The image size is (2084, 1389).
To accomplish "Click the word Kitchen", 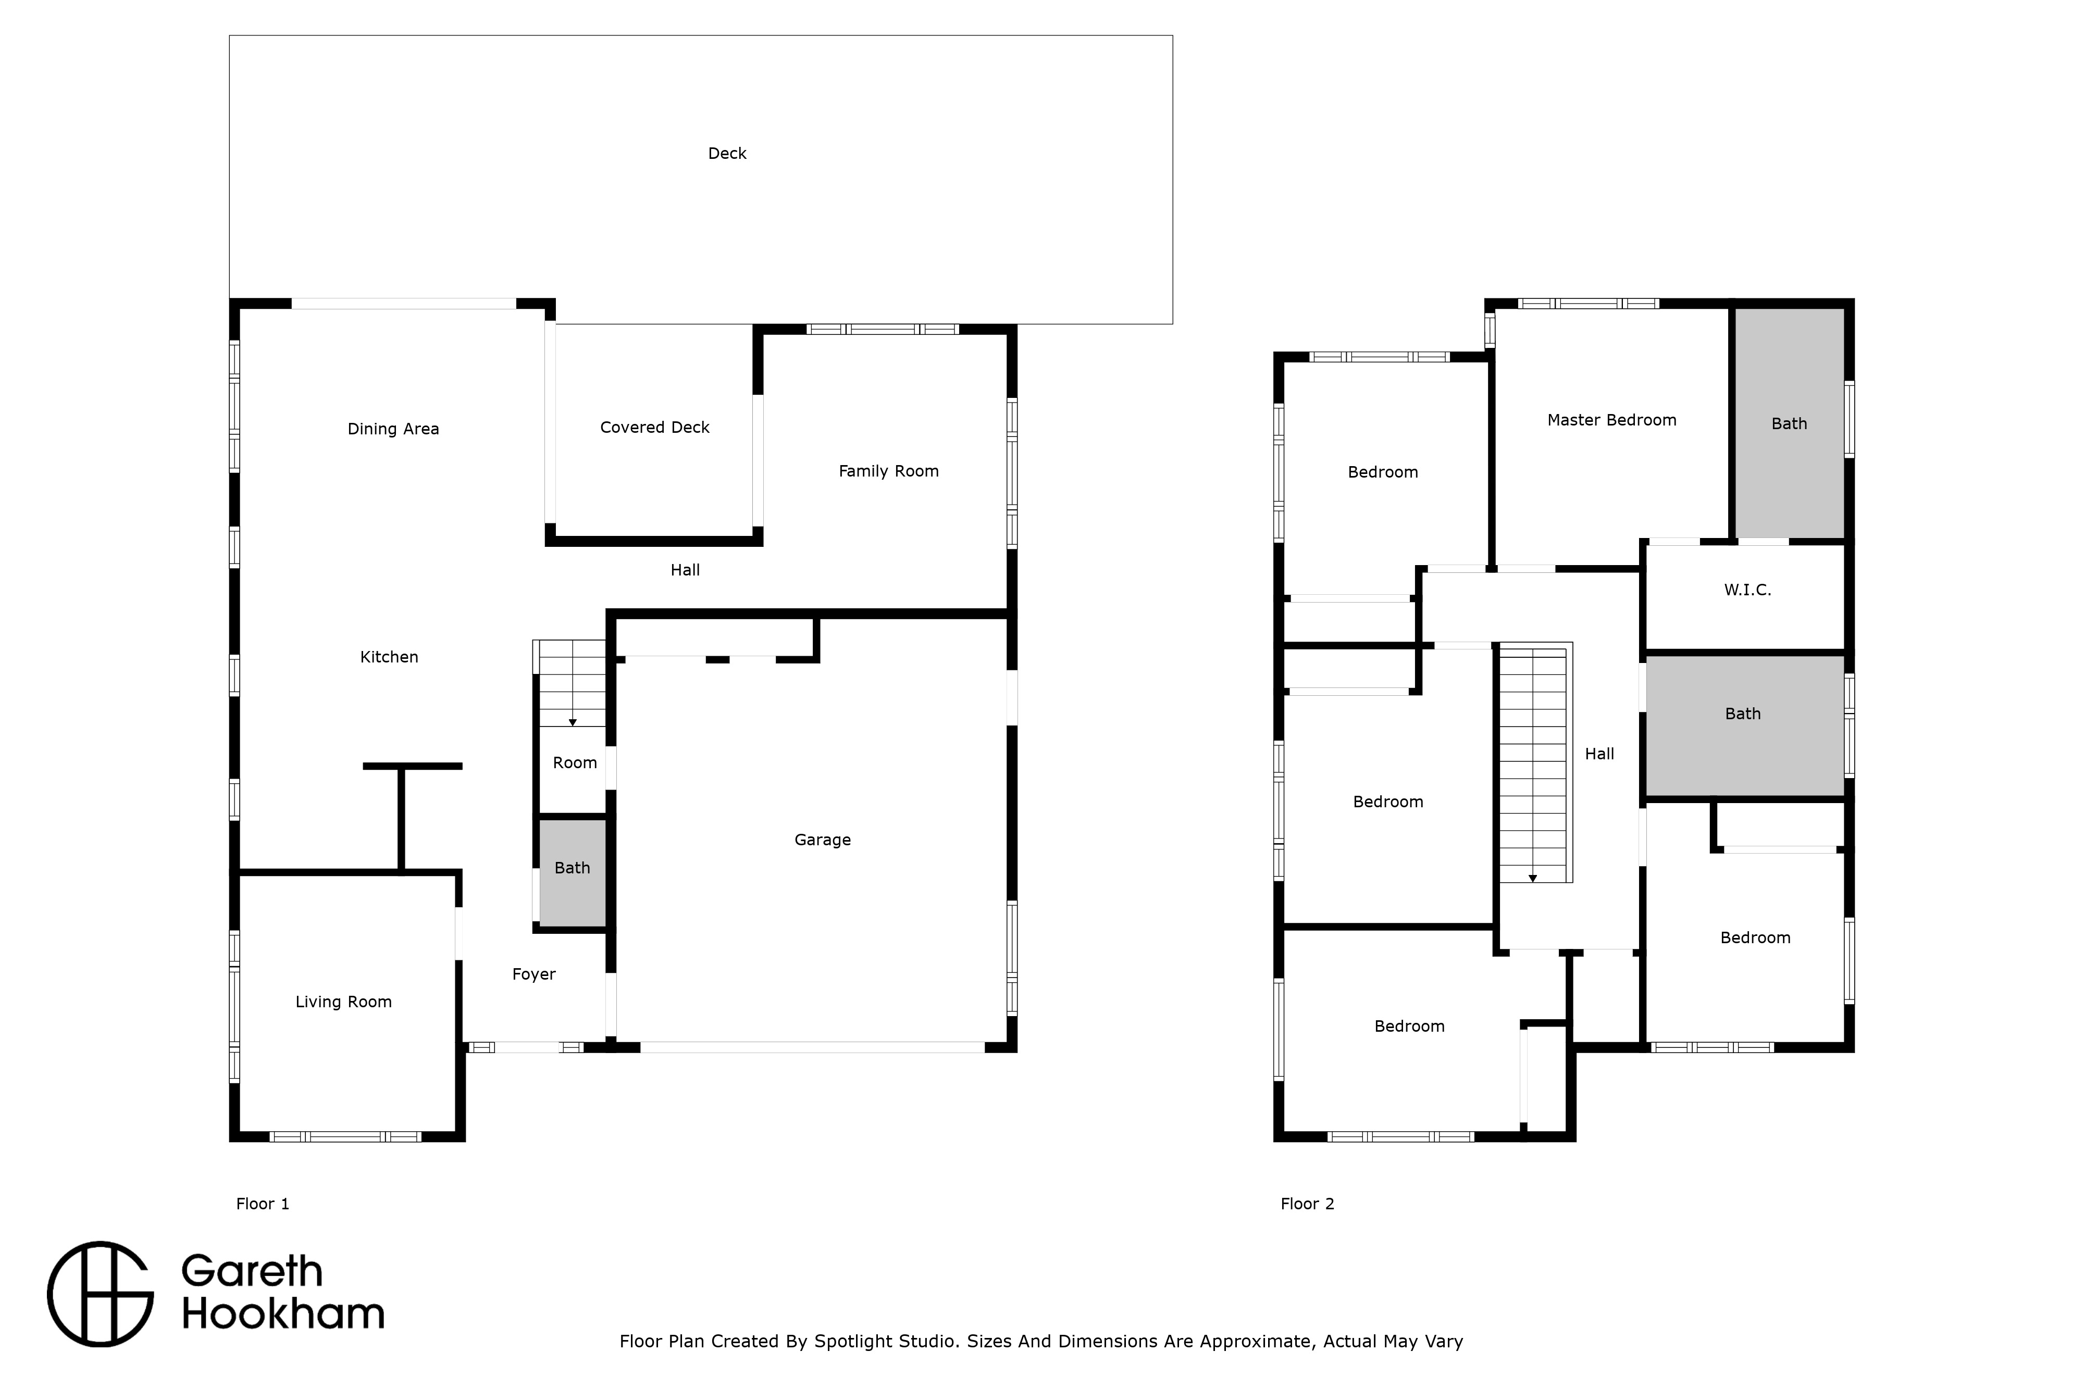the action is [389, 657].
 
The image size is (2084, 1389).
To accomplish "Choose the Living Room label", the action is [344, 1003].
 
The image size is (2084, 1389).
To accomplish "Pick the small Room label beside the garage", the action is [575, 762].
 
